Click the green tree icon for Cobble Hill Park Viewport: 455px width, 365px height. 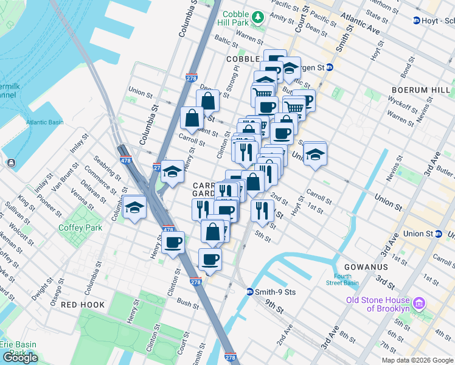259,16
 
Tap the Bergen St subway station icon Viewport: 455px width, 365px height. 330,67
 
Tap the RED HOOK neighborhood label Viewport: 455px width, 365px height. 83,304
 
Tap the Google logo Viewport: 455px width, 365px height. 20,358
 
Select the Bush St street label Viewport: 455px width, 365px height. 188,301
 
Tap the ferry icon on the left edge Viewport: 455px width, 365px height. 11,162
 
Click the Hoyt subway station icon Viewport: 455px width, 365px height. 417,20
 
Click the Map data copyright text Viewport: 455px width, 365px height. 417,360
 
